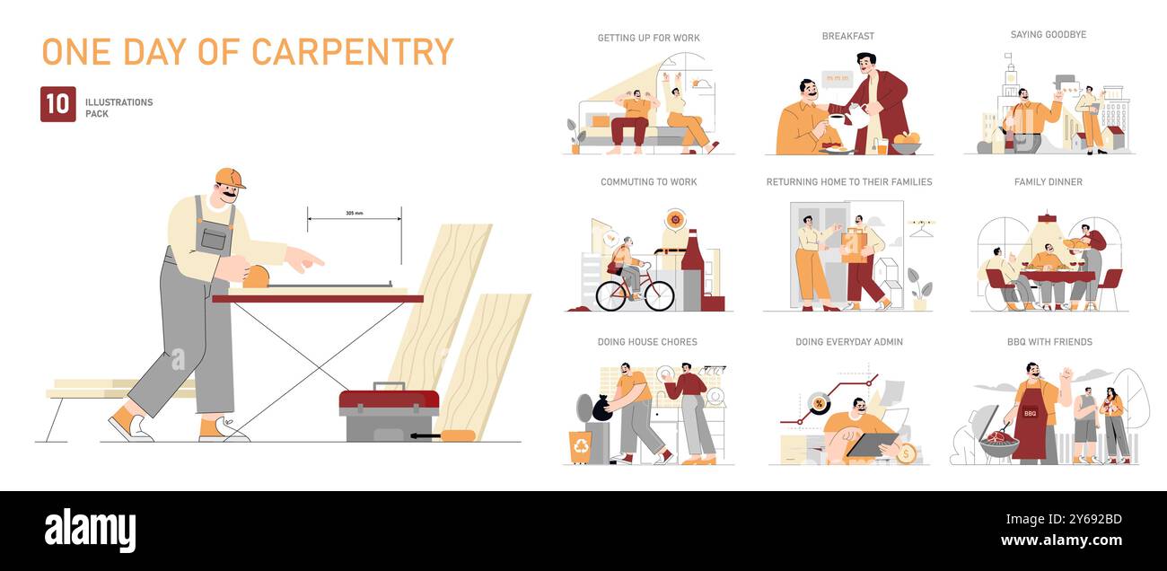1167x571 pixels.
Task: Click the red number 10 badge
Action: (57, 104)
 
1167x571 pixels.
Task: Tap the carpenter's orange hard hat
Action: (229, 178)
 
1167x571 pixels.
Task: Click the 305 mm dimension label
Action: (354, 214)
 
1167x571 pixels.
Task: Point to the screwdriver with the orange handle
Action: (445, 436)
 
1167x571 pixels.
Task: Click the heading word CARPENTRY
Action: (352, 52)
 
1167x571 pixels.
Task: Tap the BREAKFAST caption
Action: (847, 36)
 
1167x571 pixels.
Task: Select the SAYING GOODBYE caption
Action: (1048, 35)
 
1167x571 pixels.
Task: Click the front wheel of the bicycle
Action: (659, 295)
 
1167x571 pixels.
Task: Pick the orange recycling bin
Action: (580, 446)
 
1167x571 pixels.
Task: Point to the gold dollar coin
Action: (906, 453)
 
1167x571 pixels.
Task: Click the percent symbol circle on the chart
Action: (818, 403)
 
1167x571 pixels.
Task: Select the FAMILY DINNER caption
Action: (1048, 182)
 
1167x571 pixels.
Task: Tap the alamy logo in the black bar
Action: (90, 531)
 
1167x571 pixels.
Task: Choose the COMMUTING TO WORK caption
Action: (648, 182)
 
